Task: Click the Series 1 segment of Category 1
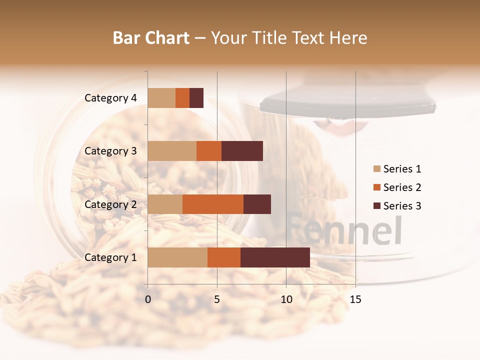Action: point(177,257)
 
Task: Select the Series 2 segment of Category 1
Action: point(224,257)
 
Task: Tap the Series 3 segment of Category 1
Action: point(275,257)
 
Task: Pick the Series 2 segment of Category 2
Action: point(213,204)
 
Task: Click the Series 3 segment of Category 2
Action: point(257,204)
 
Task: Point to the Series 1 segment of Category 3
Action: point(172,151)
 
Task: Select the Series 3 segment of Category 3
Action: point(242,151)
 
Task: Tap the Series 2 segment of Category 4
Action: point(182,98)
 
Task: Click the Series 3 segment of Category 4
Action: point(196,98)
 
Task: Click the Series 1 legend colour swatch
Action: point(376,169)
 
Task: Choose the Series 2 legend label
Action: point(402,187)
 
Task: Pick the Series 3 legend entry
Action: point(397,206)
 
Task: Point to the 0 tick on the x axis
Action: point(148,299)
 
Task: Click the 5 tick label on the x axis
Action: point(217,299)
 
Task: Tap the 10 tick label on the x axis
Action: point(286,299)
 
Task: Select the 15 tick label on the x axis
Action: point(355,299)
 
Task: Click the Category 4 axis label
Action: point(110,98)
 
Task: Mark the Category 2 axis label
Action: point(110,204)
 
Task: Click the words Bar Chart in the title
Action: point(151,38)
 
